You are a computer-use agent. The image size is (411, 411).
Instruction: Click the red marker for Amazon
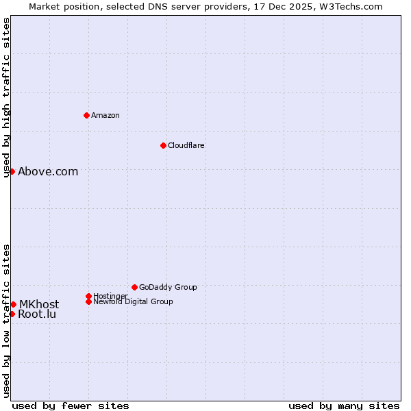86,115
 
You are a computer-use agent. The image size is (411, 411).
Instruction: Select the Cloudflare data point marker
163,145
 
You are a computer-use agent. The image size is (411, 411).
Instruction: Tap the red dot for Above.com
12,171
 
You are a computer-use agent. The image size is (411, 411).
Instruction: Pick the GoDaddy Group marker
134,287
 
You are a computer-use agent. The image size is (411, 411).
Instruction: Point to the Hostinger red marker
88,296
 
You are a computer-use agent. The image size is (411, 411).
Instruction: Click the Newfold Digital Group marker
88,301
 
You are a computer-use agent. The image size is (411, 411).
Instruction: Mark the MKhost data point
13,304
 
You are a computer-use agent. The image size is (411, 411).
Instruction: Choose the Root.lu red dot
12,314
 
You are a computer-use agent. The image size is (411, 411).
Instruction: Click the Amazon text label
105,115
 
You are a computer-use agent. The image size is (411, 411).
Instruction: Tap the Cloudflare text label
186,145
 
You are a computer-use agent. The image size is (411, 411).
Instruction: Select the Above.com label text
48,172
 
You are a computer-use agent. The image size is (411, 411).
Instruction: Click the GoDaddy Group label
168,287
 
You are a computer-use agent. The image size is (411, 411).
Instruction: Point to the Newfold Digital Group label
133,301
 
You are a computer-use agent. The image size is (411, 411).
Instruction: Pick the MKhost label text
39,304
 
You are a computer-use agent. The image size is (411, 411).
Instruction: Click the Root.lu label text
37,314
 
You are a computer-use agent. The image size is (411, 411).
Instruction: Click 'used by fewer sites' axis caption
71,406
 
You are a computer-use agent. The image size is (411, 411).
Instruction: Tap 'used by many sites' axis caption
344,406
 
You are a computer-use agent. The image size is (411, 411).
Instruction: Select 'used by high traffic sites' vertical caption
6,97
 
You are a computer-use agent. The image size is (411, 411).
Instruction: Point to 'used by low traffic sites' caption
6,321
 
